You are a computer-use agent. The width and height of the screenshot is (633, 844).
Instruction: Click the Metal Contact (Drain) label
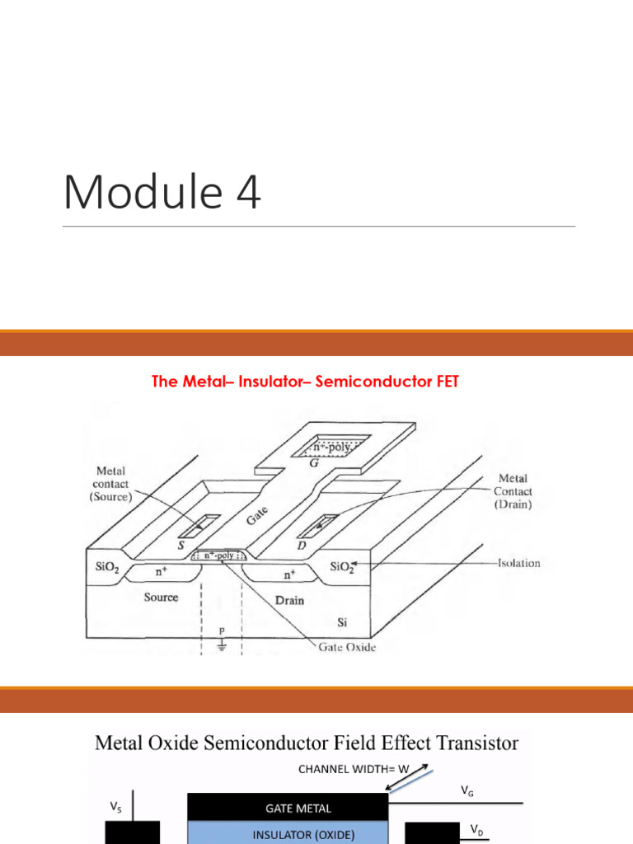coord(512,491)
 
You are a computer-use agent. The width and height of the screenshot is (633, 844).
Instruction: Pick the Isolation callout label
coord(519,564)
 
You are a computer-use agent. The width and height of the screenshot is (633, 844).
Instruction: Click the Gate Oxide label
coord(347,648)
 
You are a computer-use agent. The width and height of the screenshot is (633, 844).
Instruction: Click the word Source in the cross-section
coord(161,597)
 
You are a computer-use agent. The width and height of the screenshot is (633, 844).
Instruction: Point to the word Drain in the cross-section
coord(288,600)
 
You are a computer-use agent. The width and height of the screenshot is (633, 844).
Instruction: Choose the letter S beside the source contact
coord(179,545)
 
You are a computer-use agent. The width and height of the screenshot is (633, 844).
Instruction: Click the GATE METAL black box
coord(288,808)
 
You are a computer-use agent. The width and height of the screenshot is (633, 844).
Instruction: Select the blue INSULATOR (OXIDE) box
coord(288,834)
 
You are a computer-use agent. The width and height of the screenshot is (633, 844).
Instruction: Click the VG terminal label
coord(467,791)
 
